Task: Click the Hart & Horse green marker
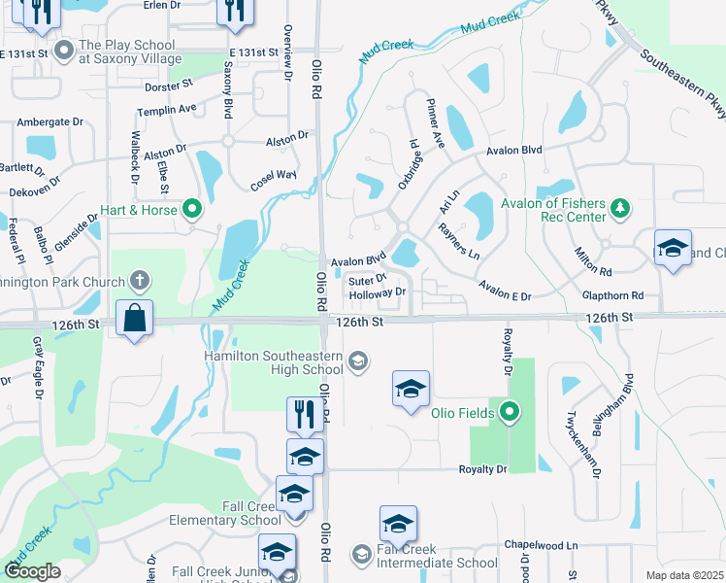coord(192,209)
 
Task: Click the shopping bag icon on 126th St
coord(134,318)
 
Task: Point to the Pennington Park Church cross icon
coord(140,282)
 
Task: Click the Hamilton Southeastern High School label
coord(274,362)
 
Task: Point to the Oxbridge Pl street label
coord(409,168)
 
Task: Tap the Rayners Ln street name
coord(459,241)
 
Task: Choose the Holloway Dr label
coord(377,292)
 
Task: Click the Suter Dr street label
coord(367,279)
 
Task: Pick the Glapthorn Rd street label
coord(615,295)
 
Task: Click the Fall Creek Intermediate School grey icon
coord(362,555)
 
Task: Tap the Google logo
coord(33,570)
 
